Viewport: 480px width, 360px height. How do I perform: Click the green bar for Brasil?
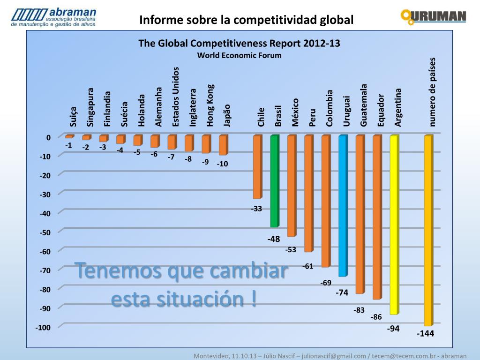point(274,181)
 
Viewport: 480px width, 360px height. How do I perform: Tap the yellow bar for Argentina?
point(394,225)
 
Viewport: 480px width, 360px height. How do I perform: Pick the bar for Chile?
point(257,167)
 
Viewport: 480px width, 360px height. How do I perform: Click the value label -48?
point(274,239)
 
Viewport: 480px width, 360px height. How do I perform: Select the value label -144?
point(426,334)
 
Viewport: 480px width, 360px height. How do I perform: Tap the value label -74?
point(342,292)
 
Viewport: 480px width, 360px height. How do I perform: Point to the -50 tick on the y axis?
point(45,232)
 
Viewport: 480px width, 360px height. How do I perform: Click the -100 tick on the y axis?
point(44,327)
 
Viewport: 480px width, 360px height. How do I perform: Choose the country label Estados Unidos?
point(176,97)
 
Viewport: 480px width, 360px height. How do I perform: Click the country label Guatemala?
point(364,105)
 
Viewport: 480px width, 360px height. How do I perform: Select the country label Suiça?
point(73,117)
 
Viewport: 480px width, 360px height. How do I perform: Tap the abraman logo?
point(54,17)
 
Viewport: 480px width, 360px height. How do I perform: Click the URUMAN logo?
point(433,17)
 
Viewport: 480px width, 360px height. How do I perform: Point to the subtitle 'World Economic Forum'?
point(239,55)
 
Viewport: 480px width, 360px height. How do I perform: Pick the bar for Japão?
point(223,145)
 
